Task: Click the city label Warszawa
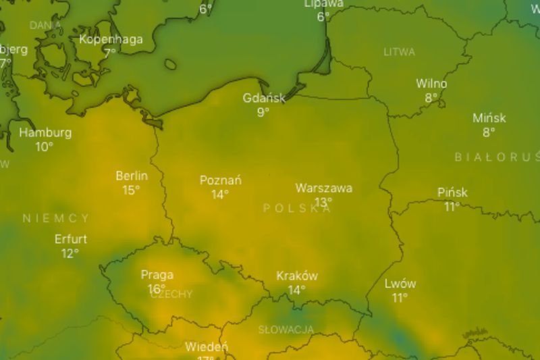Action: point(323,188)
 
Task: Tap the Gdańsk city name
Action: point(265,99)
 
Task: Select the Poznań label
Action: point(221,181)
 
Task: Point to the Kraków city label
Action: point(297,276)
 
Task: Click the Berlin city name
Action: point(132,176)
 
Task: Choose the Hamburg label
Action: point(45,132)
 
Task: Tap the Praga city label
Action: point(157,275)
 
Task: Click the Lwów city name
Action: point(400,284)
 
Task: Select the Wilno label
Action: point(431,84)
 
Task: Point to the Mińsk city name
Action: point(489,119)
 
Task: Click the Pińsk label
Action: point(452,193)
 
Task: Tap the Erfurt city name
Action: point(71,240)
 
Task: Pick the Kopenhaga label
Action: point(111,39)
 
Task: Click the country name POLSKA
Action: point(297,208)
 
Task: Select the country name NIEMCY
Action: point(55,218)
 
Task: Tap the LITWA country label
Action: point(400,52)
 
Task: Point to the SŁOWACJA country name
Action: point(286,330)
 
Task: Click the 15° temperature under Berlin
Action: point(131,190)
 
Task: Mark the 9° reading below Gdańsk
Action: point(263,112)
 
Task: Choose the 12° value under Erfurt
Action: point(70,254)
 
